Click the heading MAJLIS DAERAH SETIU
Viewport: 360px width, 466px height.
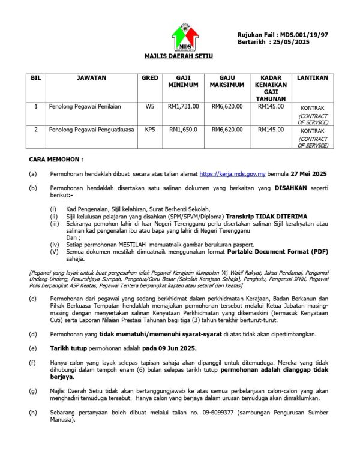click(x=179, y=56)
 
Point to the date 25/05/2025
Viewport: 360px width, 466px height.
click(x=293, y=43)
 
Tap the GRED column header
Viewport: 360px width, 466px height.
click(x=149, y=78)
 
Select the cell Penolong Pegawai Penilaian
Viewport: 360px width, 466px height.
click(x=85, y=106)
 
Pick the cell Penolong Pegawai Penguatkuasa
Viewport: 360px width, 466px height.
click(x=91, y=129)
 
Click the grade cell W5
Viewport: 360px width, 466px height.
click(x=149, y=106)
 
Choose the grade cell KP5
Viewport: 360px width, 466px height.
click(x=149, y=129)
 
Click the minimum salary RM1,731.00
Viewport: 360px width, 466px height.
click(x=183, y=106)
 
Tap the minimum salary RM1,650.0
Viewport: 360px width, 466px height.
click(x=183, y=129)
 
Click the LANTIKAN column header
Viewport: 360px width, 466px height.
click(x=313, y=78)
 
